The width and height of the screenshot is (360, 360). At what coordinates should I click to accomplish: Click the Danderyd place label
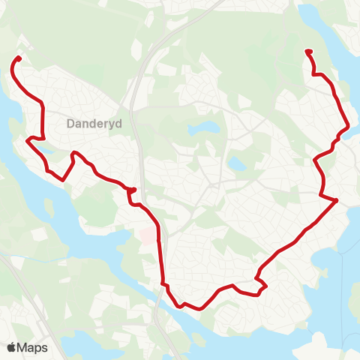[94, 124]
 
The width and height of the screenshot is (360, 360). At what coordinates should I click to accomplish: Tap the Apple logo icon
[12, 347]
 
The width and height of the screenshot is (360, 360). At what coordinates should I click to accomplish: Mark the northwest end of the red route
[18, 58]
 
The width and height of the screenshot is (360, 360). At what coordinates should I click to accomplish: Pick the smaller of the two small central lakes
[236, 162]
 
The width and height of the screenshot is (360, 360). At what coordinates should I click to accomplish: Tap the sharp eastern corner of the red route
[337, 200]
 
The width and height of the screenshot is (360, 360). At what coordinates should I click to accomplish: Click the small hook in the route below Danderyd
[132, 190]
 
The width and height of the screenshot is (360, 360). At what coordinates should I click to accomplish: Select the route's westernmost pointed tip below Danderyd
[28, 139]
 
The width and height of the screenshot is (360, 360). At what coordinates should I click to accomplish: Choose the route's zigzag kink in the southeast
[262, 283]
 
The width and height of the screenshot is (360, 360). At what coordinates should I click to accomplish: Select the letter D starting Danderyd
[70, 124]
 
